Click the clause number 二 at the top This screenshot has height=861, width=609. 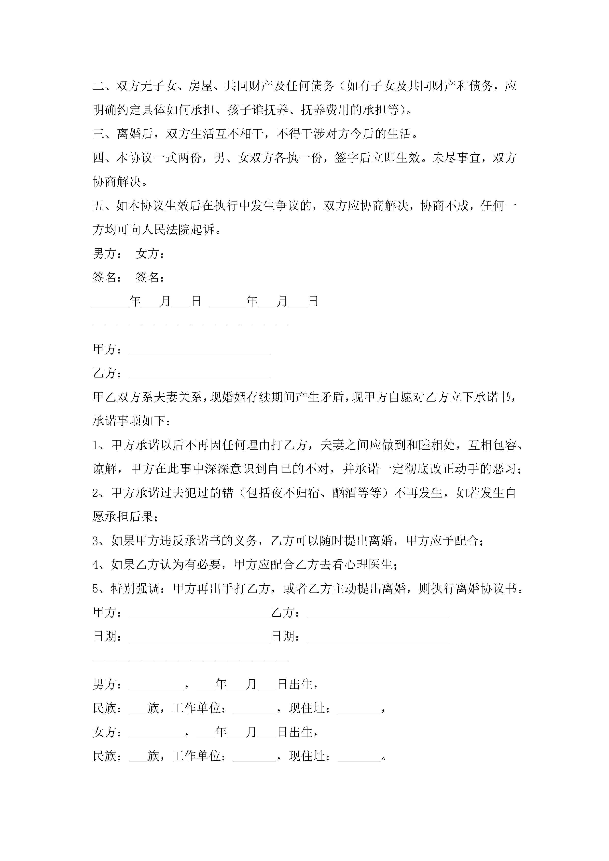[99, 86]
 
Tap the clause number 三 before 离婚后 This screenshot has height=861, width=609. [99, 134]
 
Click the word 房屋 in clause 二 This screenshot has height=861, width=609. [200, 86]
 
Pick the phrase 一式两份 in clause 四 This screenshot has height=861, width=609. [178, 158]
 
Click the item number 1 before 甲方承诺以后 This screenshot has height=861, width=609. [96, 445]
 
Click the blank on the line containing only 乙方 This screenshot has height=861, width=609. [199, 375]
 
